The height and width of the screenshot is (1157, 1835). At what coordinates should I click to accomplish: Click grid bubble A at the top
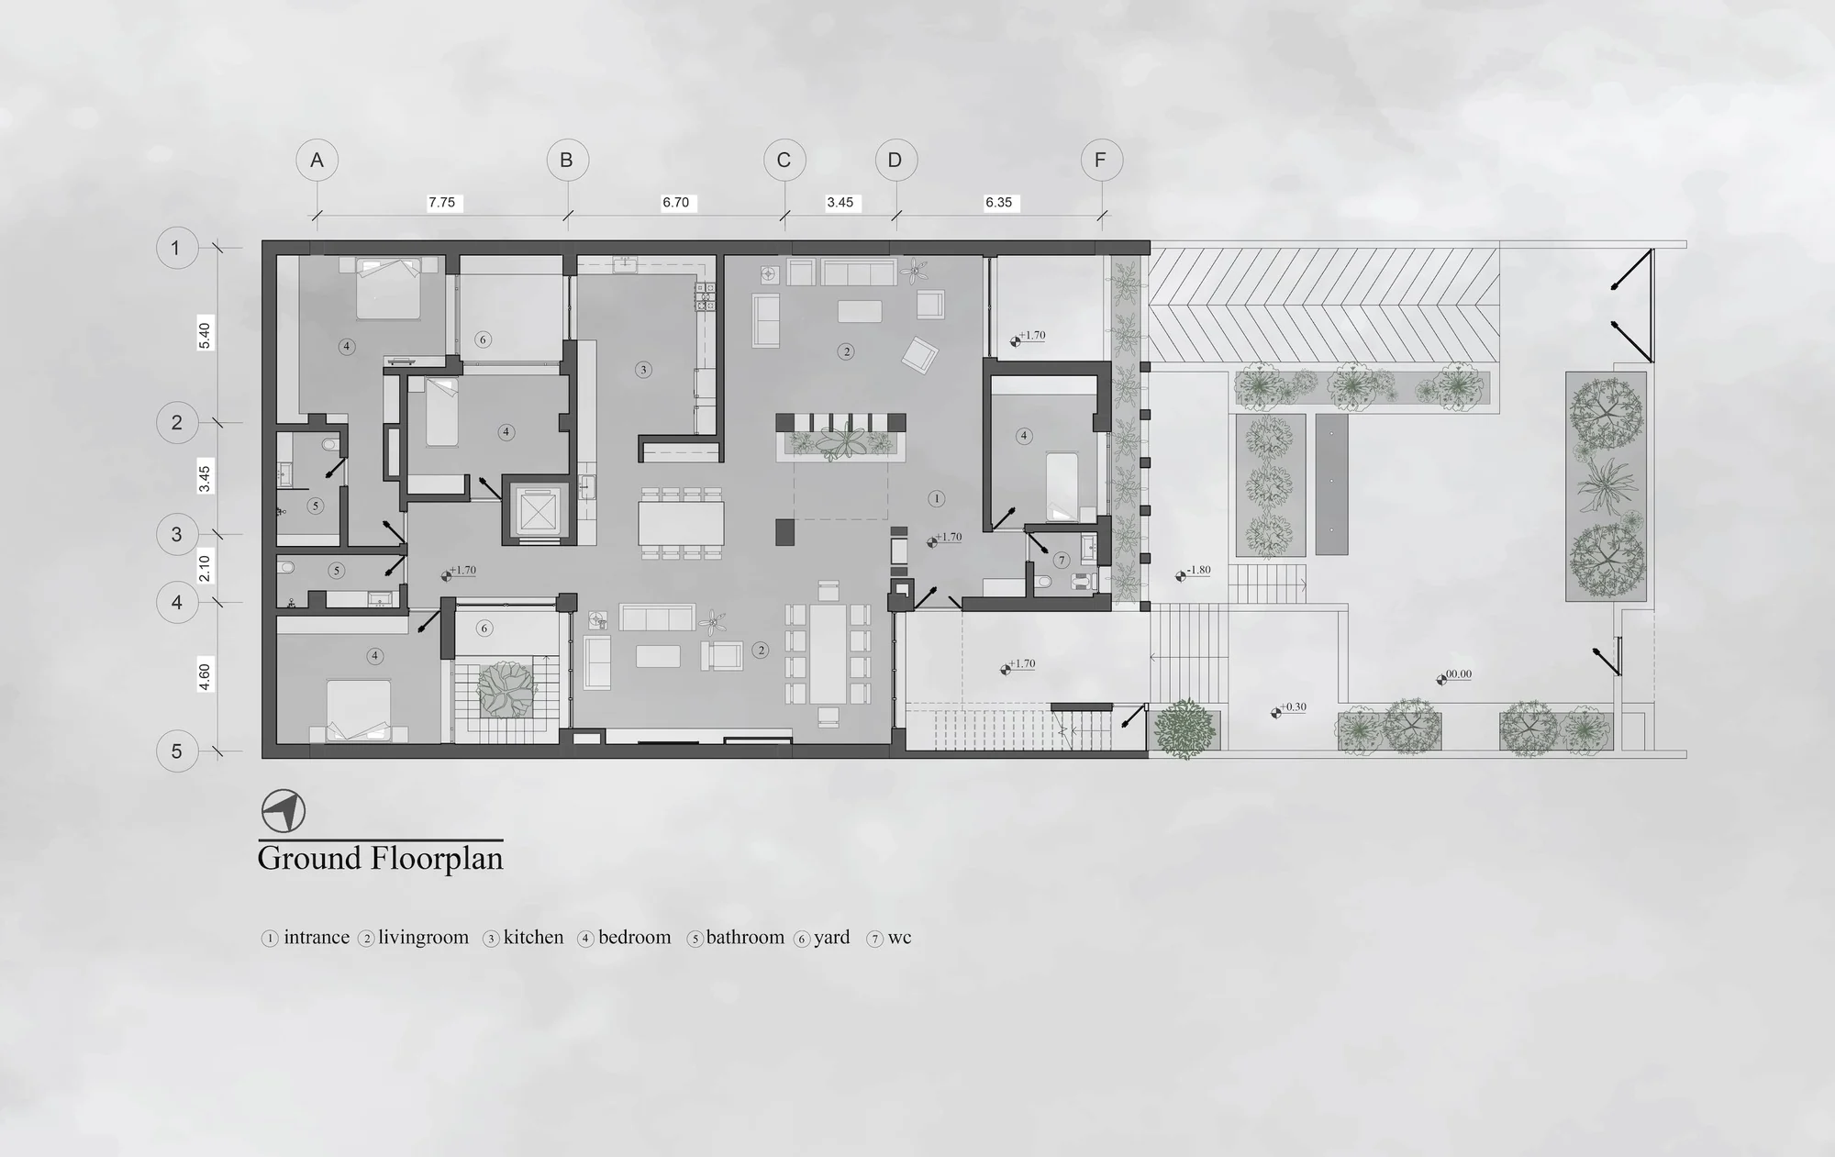pos(317,161)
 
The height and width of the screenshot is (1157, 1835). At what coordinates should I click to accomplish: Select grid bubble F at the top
pos(1100,161)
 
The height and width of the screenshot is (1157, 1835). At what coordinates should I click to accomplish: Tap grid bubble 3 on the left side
pos(177,534)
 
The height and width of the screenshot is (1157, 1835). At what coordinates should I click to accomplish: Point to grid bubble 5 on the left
pos(177,751)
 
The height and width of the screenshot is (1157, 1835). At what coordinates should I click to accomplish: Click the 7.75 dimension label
pos(442,203)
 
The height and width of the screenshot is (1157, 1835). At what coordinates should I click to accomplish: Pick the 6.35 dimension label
pos(999,203)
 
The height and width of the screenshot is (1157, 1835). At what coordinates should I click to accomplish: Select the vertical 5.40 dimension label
pos(205,336)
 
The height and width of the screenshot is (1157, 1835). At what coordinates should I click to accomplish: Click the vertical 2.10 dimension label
pos(205,569)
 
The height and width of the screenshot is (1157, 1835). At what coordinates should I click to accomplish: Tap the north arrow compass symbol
pos(284,811)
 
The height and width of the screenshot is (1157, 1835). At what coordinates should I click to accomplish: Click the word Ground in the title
pos(310,859)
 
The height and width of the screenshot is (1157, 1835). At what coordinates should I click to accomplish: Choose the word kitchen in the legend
pos(534,938)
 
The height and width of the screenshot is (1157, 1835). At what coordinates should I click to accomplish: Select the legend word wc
pos(899,938)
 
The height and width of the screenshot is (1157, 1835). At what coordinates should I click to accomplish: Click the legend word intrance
pos(317,938)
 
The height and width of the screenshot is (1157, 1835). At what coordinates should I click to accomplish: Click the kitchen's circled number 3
pos(643,370)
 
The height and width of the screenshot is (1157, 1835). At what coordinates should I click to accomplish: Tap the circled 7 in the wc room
pos(1062,560)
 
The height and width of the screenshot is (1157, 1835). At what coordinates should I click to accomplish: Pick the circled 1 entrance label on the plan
pos(936,499)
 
